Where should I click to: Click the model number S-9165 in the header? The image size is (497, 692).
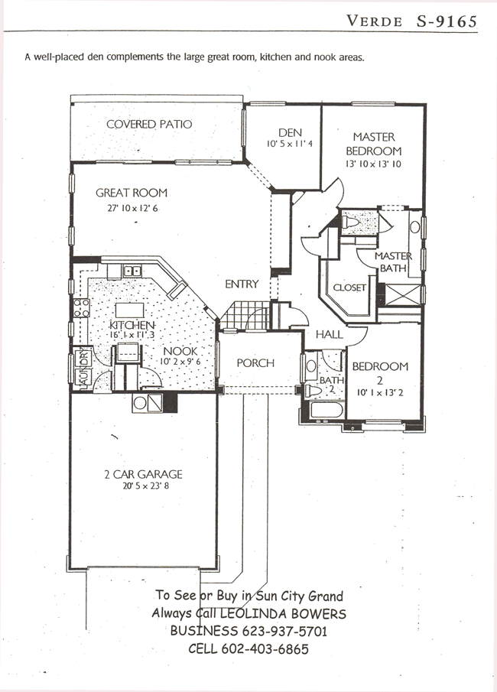pos(447,21)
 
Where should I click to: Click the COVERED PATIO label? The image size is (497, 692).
pos(149,124)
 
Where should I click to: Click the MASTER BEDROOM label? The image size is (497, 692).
pos(374,144)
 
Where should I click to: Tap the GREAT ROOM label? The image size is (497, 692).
pos(132,193)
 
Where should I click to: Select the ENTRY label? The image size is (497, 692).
pos(242,284)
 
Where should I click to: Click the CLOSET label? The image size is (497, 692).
pos(350,288)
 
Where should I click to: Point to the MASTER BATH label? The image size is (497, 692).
pos(393,262)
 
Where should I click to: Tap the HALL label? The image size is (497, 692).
pos(330,334)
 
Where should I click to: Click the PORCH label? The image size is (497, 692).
pos(255,362)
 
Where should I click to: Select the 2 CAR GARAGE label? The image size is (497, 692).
pos(143,474)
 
